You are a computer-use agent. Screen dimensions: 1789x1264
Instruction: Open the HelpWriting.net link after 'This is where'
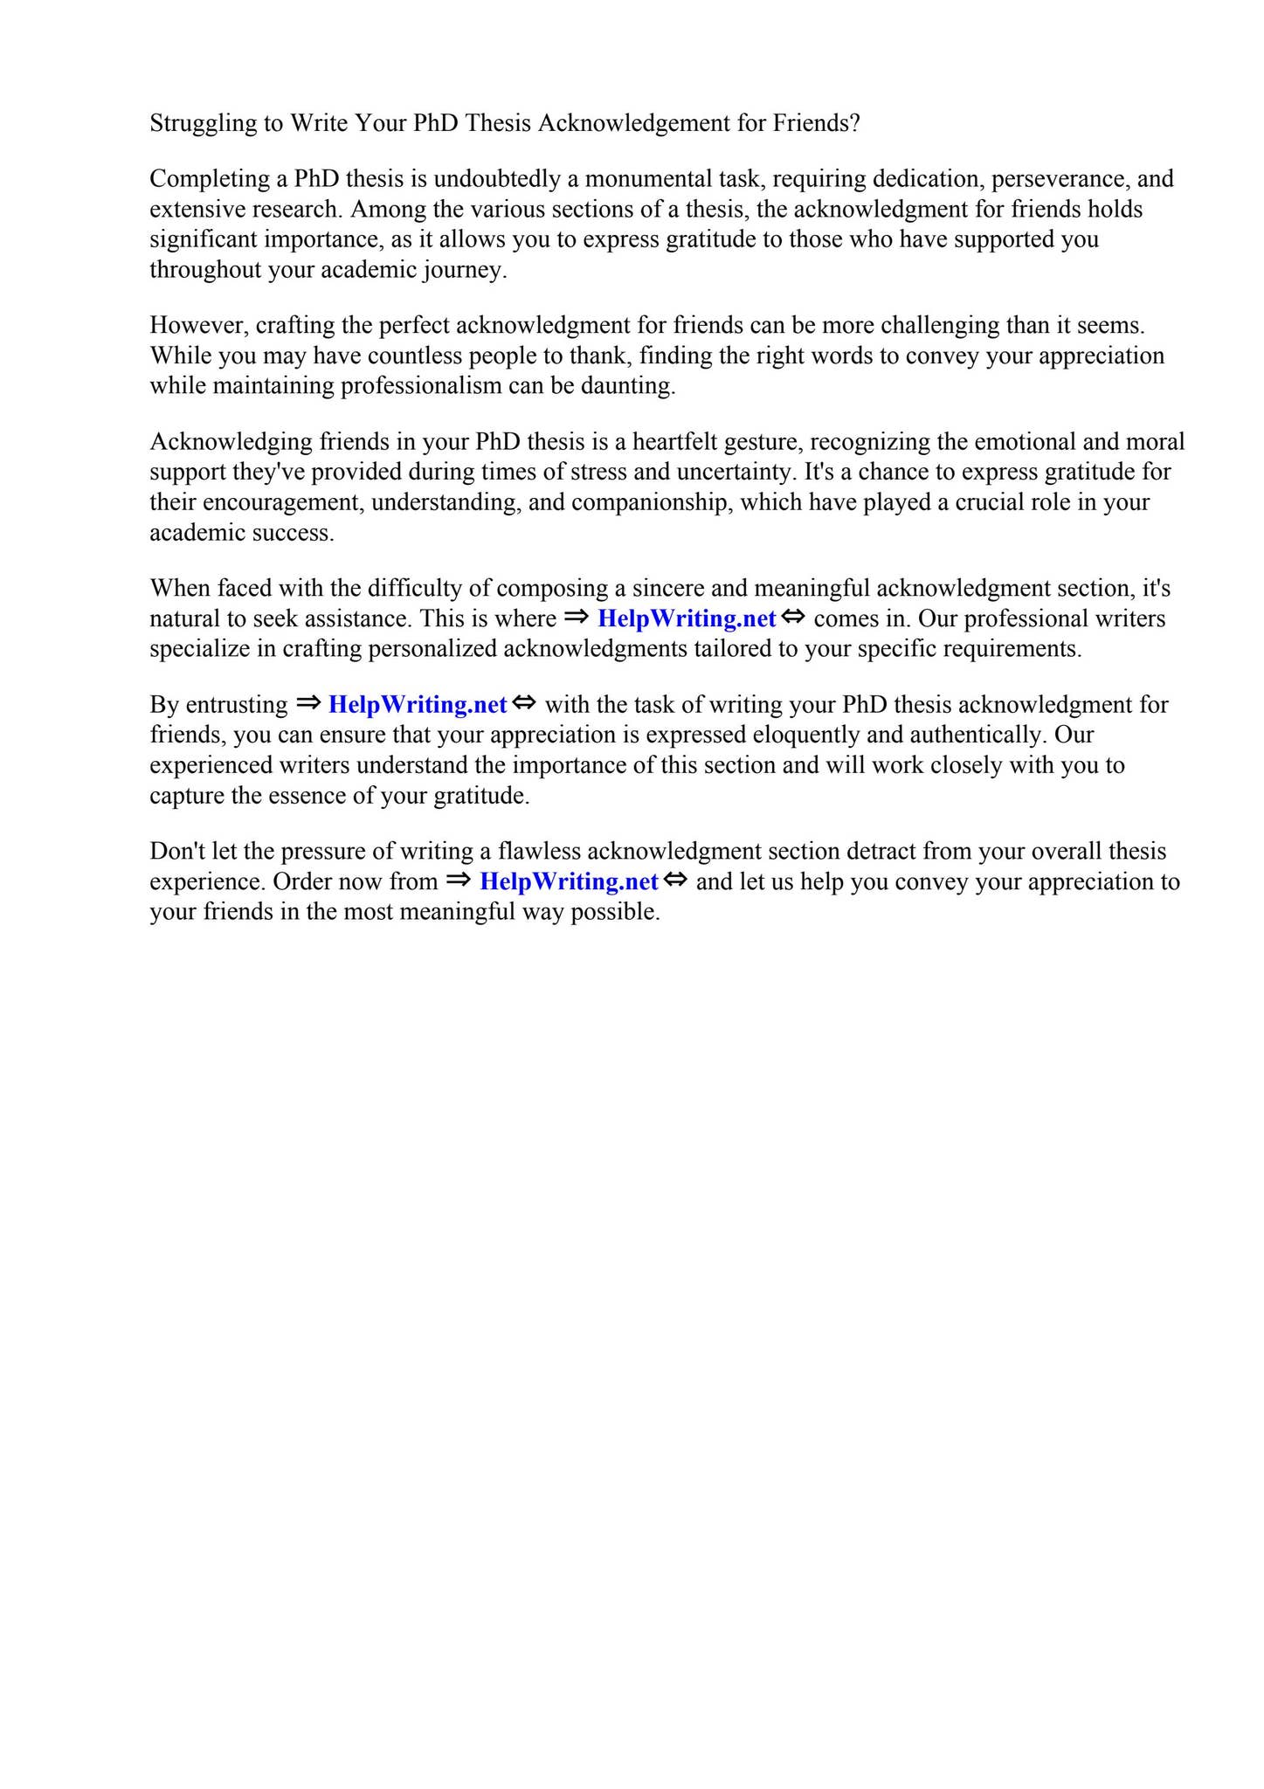(x=687, y=619)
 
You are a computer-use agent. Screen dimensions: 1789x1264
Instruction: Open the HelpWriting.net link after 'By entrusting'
(x=418, y=705)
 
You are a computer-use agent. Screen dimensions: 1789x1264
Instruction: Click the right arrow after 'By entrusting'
(x=308, y=703)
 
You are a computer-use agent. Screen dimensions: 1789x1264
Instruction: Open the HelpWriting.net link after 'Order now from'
(x=569, y=882)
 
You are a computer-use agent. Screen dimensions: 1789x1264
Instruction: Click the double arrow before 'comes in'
(x=793, y=618)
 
